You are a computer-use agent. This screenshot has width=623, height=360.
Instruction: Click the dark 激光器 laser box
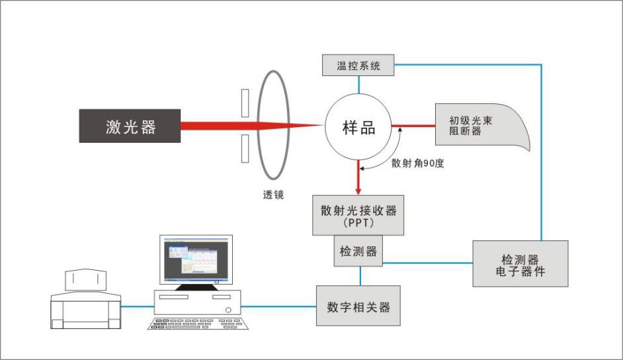130,126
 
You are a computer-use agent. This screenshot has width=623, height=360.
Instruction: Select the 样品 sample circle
358,127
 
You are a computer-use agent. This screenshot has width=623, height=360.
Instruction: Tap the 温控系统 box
359,66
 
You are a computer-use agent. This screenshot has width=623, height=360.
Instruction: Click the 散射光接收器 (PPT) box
358,214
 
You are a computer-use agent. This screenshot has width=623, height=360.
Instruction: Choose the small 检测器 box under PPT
358,251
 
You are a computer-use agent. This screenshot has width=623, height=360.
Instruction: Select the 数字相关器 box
358,306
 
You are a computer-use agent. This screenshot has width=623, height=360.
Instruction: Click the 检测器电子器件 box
520,263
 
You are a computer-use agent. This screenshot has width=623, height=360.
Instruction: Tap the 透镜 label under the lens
273,195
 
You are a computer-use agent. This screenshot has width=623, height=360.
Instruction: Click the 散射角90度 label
417,163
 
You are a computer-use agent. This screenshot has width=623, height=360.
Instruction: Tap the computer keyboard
198,324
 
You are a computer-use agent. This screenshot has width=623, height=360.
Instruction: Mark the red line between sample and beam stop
413,126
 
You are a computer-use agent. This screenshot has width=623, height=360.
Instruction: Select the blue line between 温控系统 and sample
359,84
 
